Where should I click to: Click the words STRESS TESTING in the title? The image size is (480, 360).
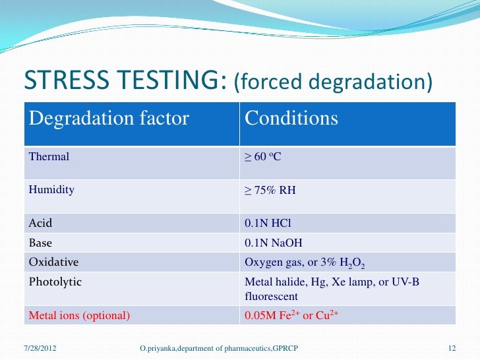coord(126,81)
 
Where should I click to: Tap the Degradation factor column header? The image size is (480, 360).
coord(109,119)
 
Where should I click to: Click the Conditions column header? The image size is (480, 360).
coord(291,119)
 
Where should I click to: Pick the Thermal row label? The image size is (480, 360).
coord(49,157)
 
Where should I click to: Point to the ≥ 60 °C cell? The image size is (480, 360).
coord(263,157)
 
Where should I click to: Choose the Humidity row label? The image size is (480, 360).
coord(51,190)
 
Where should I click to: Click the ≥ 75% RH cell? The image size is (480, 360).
coord(270,190)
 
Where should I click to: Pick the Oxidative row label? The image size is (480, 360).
coord(53,262)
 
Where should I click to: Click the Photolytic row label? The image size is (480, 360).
coord(55,282)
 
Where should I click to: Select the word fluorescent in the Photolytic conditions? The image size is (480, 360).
coord(271,297)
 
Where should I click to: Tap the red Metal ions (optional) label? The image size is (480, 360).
coord(79,315)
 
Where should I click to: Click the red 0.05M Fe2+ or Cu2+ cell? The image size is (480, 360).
coord(291,315)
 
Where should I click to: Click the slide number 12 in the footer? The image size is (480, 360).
coord(452,347)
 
